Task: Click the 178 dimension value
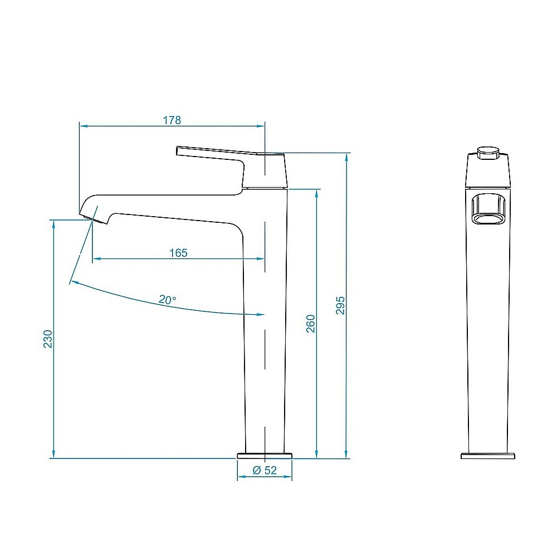pyautogui.click(x=172, y=120)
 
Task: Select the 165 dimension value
pyautogui.click(x=178, y=253)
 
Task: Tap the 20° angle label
pyautogui.click(x=167, y=300)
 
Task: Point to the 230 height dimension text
pyautogui.click(x=48, y=339)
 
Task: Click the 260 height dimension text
pyautogui.click(x=311, y=324)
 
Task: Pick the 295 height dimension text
pyautogui.click(x=341, y=305)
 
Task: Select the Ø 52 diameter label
pyautogui.click(x=265, y=471)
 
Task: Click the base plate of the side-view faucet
pyautogui.click(x=265, y=456)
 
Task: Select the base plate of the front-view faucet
pyautogui.click(x=488, y=456)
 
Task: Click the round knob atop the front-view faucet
pyautogui.click(x=488, y=153)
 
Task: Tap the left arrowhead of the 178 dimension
pyautogui.click(x=82, y=126)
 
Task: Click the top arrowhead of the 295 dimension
pyautogui.click(x=346, y=157)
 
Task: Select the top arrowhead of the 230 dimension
pyautogui.click(x=53, y=223)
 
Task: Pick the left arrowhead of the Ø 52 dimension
pyautogui.click(x=240, y=477)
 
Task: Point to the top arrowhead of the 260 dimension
pyautogui.click(x=317, y=193)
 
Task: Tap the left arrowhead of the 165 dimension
pyautogui.click(x=95, y=258)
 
